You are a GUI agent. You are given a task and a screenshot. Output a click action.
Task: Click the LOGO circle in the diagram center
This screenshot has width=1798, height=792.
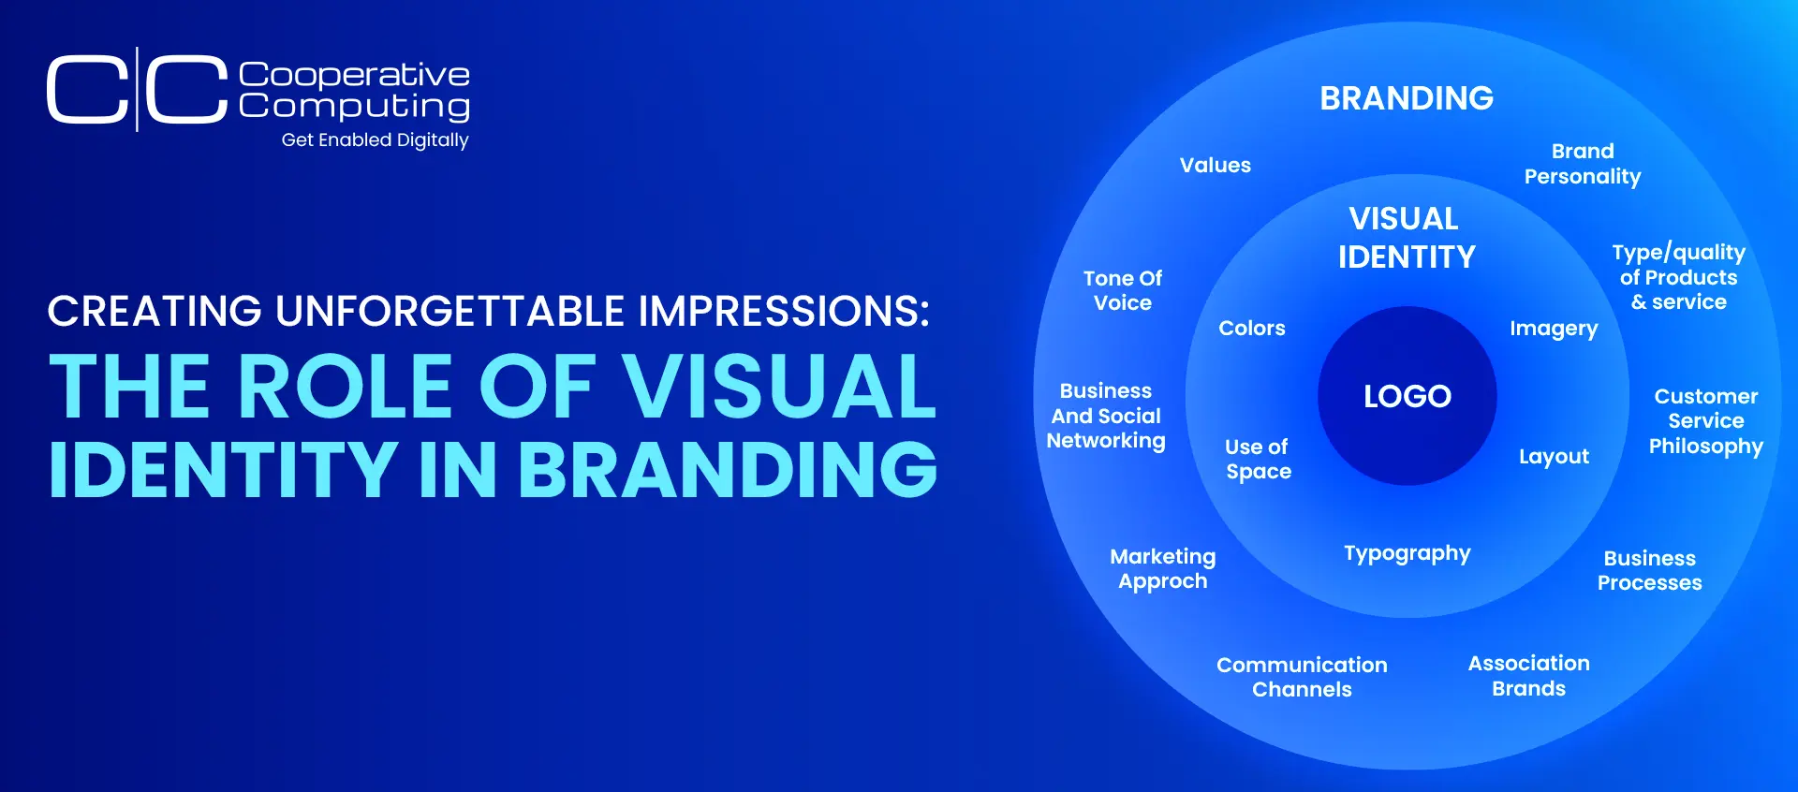(x=1407, y=396)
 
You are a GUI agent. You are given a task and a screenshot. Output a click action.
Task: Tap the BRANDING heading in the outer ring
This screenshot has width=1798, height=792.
(x=1407, y=98)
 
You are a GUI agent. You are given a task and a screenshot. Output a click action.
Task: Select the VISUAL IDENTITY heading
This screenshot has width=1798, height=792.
(x=1407, y=238)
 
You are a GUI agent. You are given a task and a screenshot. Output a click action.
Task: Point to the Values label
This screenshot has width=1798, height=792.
(x=1216, y=165)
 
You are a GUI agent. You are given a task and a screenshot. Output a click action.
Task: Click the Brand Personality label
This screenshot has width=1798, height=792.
(x=1583, y=164)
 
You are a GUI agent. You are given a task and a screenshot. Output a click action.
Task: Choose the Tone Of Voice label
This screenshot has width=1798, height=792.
(x=1123, y=290)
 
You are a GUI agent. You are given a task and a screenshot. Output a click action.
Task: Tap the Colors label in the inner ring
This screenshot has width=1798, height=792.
(x=1252, y=328)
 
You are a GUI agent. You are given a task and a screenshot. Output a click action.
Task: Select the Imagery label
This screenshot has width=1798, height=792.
(x=1554, y=329)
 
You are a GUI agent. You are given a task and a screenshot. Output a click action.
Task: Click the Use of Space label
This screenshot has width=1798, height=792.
(x=1258, y=459)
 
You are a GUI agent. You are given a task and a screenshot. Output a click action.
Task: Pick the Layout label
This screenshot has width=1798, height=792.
(x=1554, y=457)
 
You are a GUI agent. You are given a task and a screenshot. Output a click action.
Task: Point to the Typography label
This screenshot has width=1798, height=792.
(x=1407, y=554)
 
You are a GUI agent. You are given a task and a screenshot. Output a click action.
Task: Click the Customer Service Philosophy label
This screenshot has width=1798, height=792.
(x=1706, y=421)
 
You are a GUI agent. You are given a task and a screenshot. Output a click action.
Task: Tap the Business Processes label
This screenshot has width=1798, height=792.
(x=1650, y=570)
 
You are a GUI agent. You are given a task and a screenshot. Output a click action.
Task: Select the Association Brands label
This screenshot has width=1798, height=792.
(x=1529, y=676)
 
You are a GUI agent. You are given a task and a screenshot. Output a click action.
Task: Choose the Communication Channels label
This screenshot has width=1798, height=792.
(x=1302, y=677)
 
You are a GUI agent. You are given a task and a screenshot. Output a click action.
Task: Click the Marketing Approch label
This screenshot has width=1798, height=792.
(x=1163, y=569)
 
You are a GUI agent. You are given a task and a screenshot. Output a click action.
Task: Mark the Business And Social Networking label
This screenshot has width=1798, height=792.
(x=1106, y=416)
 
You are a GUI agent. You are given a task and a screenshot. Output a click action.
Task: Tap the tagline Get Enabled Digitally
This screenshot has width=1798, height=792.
(x=375, y=140)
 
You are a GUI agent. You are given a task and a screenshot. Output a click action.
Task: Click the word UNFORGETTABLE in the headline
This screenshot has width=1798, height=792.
(x=450, y=311)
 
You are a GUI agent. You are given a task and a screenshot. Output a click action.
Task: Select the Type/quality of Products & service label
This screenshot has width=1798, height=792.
(x=1678, y=277)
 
